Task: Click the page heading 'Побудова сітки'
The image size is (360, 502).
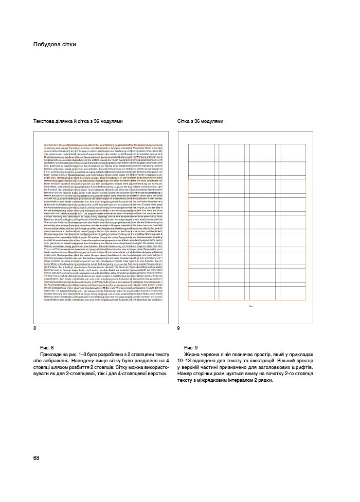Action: [55, 44]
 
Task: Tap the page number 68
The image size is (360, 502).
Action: [36, 458]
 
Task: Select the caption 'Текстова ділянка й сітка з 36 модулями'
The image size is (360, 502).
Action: [78, 121]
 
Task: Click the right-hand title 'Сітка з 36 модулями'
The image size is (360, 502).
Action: [201, 121]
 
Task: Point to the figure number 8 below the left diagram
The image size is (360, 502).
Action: [34, 328]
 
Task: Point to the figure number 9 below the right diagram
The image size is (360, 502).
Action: [178, 328]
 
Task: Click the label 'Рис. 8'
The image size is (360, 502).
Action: [47, 348]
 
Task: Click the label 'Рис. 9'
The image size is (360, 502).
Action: [191, 348]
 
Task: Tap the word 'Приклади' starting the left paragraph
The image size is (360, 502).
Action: [52, 355]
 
